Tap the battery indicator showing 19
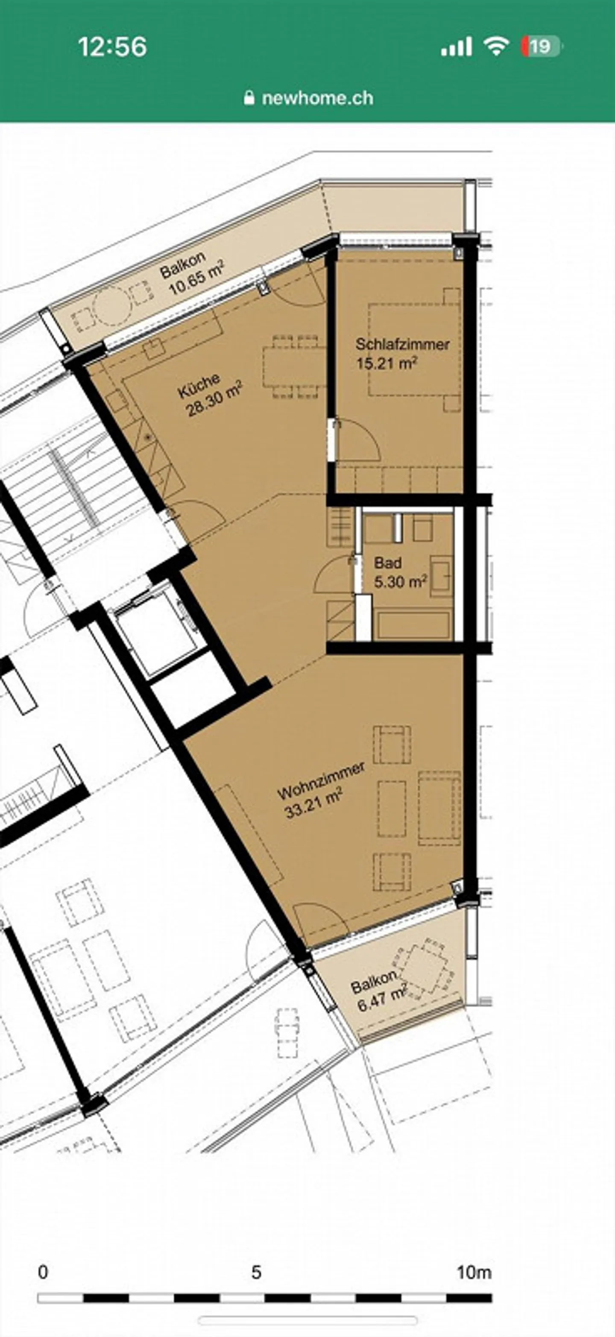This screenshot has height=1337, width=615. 541,47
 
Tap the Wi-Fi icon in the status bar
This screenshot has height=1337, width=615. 496,47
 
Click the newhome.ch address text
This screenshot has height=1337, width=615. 317,98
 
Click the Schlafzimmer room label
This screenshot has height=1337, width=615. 402,344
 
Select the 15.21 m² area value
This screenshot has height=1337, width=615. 386,363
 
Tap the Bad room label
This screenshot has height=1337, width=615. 388,563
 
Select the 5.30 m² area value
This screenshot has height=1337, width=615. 400,582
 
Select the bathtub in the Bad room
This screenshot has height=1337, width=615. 413,625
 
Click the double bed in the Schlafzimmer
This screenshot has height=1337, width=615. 414,350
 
